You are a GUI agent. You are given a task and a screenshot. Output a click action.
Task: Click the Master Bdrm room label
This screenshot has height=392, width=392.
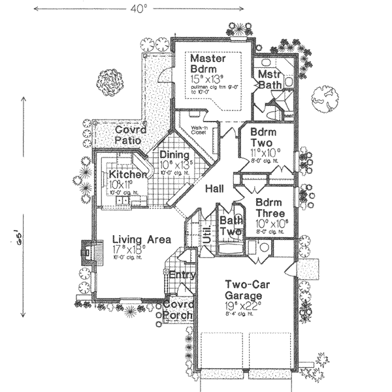(208, 64)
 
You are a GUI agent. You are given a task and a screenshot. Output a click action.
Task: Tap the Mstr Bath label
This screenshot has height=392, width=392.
(269, 78)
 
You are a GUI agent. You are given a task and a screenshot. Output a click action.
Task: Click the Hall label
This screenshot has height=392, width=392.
(215, 189)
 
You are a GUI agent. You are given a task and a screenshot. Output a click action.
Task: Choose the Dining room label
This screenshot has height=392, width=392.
(175, 155)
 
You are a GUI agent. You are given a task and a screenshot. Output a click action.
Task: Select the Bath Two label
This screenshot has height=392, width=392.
(230, 226)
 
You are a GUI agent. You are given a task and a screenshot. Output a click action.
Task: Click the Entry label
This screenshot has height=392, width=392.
(182, 275)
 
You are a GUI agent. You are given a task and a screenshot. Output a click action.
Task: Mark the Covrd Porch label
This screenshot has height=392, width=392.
(178, 310)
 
